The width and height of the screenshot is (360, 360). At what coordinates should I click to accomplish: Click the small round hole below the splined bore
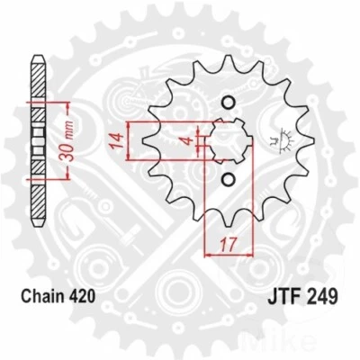click(x=227, y=182)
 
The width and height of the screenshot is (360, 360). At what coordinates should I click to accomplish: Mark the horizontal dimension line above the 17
click(x=230, y=254)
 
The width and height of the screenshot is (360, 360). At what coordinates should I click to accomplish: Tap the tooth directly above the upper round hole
click(x=227, y=67)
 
